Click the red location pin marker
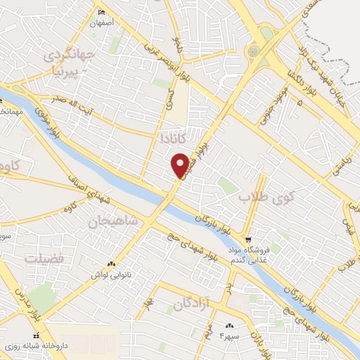[181, 165]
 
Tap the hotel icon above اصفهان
[103, 12]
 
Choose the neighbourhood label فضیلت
[46, 259]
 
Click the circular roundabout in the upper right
[252, 51]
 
